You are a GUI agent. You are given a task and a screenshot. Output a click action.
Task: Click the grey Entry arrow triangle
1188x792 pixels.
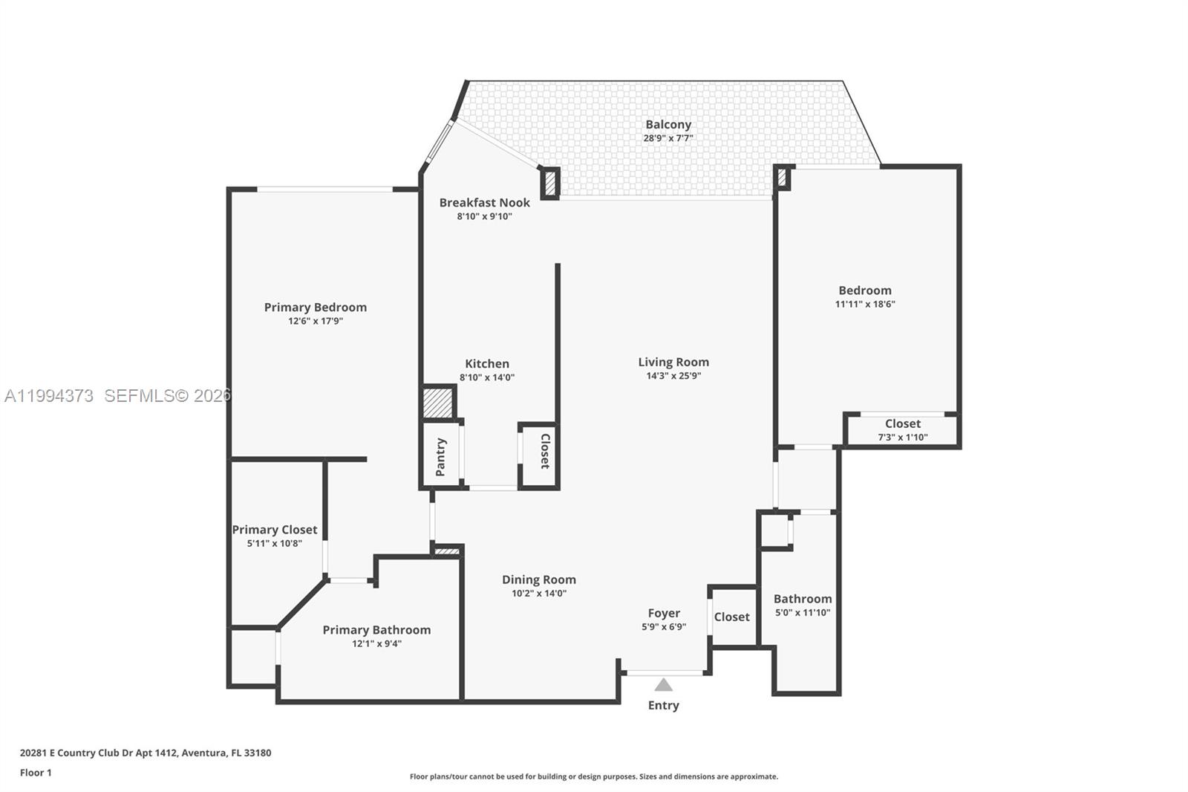tap(663, 685)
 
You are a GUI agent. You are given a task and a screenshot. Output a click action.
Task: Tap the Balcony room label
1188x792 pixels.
tap(668, 125)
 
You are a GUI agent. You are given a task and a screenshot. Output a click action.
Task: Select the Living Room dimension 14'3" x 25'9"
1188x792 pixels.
tap(673, 376)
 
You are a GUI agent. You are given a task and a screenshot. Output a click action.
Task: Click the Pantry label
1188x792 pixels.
tap(440, 457)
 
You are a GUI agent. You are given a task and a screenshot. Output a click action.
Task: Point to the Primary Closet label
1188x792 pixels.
tap(274, 530)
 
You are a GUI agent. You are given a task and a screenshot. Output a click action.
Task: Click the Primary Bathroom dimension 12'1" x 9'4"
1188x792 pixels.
tap(376, 644)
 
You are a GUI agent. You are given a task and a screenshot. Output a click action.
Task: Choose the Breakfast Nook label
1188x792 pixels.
tap(484, 202)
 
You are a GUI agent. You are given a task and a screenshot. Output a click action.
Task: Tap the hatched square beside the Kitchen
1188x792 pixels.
tap(437, 403)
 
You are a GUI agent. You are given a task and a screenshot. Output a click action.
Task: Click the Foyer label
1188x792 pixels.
tap(664, 613)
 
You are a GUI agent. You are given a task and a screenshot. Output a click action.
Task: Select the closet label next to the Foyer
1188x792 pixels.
tap(731, 617)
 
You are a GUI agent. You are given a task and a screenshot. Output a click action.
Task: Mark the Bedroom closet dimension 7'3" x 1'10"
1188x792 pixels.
tap(902, 438)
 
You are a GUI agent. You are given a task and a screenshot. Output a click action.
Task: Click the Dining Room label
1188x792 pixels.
tap(538, 580)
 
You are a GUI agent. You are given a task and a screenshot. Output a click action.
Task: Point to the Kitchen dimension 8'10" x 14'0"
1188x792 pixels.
tap(486, 377)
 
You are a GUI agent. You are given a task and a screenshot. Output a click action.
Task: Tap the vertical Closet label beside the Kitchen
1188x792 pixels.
tap(544, 451)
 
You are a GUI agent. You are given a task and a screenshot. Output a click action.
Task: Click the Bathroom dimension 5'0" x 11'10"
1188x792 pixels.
tap(802, 613)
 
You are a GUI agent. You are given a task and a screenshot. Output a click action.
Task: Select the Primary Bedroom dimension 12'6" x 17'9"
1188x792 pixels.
tap(316, 322)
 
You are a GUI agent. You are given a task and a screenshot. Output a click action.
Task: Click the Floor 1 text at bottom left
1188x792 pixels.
tap(36, 773)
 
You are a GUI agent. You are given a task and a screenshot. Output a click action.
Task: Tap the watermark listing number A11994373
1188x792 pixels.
tap(49, 396)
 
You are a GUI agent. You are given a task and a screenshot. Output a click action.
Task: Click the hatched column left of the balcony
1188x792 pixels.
tap(550, 183)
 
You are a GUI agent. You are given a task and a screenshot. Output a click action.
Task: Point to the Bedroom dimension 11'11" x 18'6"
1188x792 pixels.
tap(865, 304)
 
